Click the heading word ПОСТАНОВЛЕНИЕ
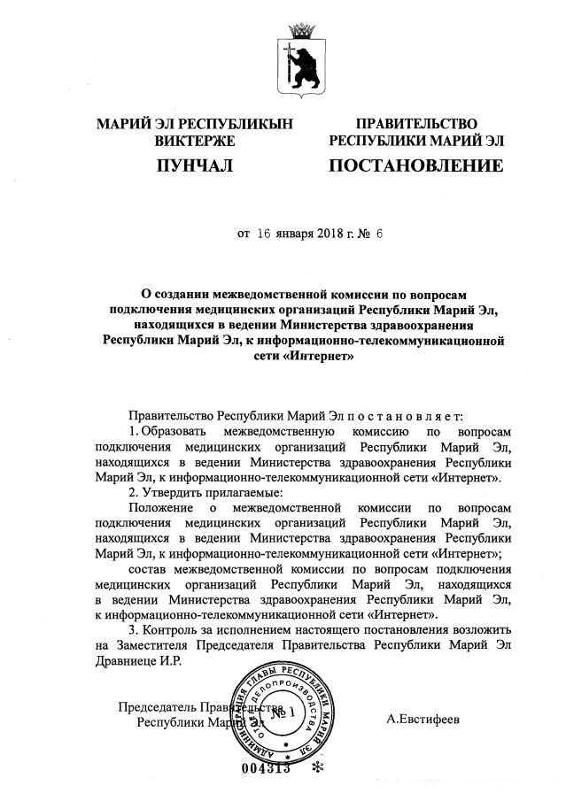[415, 166]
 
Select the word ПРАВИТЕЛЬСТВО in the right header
[416, 123]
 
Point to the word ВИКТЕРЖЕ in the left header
[194, 141]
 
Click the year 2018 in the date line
[328, 235]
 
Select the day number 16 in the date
[265, 235]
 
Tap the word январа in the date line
[295, 235]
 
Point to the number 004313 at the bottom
[266, 768]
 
